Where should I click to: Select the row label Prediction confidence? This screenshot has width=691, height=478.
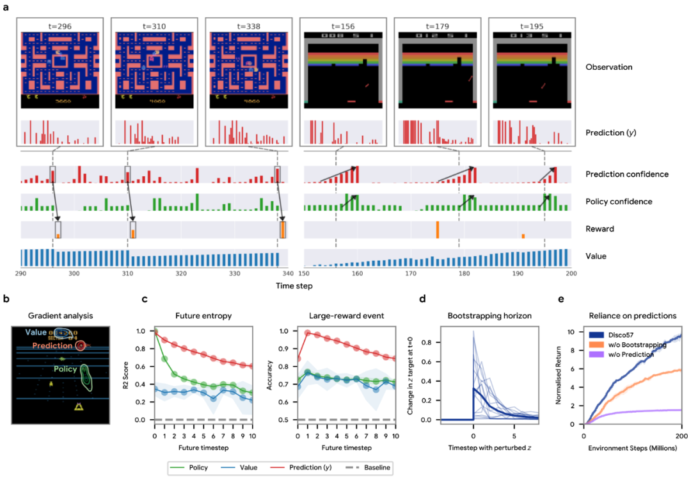(618, 174)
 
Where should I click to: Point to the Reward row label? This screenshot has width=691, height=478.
(600, 229)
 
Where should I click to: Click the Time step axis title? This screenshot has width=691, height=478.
(295, 286)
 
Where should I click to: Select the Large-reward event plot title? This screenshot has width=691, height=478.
(339, 315)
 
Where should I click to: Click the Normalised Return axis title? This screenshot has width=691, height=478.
(559, 374)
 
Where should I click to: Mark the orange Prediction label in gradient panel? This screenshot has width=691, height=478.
(54, 346)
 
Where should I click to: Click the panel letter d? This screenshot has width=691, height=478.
(422, 299)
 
